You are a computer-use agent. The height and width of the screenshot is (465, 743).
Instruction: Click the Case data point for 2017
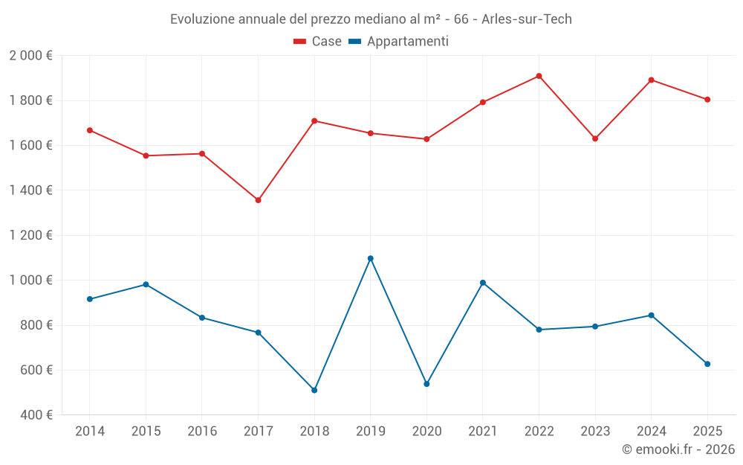(x=258, y=200)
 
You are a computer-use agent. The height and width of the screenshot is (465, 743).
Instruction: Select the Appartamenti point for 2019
(x=371, y=258)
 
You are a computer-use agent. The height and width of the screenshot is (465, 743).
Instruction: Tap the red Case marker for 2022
(x=539, y=76)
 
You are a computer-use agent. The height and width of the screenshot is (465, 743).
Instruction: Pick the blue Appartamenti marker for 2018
(x=314, y=390)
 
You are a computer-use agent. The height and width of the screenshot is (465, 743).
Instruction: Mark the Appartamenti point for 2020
(x=426, y=384)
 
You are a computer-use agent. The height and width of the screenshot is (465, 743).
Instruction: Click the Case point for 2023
(x=595, y=138)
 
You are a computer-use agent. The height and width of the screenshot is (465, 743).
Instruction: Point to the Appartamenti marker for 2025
(x=707, y=364)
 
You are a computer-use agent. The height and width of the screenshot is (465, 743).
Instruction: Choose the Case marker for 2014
(x=90, y=130)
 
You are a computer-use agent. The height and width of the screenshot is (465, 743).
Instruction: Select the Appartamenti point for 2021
(x=483, y=283)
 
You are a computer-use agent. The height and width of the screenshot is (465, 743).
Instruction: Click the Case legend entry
(x=318, y=42)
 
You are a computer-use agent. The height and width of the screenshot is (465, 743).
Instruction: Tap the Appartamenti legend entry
(x=399, y=42)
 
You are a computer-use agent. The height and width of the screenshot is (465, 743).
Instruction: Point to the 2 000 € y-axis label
(x=30, y=56)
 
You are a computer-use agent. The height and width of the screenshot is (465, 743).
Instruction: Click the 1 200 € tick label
(x=30, y=235)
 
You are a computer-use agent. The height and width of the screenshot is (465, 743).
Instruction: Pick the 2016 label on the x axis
(x=202, y=431)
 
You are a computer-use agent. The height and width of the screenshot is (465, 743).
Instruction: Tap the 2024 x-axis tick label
(x=651, y=431)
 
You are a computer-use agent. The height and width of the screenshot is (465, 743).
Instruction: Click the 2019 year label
(x=371, y=431)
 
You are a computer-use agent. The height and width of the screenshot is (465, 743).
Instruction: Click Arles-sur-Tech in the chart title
(x=527, y=19)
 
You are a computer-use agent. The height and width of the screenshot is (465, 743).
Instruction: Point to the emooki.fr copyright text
(x=678, y=449)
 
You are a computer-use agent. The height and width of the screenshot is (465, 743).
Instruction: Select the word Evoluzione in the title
(x=204, y=19)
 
